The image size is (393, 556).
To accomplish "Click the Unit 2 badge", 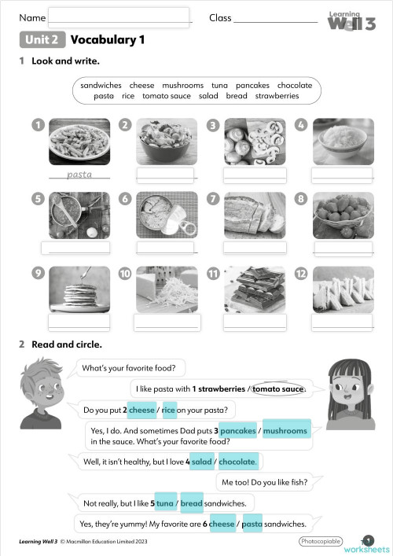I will tap(42, 40).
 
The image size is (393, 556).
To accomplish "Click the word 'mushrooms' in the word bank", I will tap(182, 85).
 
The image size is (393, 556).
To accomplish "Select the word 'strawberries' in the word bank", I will tap(277, 96).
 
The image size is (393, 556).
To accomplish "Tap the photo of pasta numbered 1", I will tap(79, 141).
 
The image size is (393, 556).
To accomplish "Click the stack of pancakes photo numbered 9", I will tap(79, 289).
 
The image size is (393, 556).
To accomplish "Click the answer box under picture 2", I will tap(166, 175).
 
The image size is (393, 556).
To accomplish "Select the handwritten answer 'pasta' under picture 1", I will tap(79, 175).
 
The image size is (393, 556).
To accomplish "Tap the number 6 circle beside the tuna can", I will tap(124, 199).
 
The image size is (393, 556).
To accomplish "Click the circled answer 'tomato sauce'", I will tap(277, 388).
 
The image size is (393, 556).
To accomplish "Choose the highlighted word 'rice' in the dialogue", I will tap(169, 410).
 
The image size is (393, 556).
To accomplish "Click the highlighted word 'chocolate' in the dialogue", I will tap(237, 462).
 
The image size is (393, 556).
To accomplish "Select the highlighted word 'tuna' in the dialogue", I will tap(164, 503).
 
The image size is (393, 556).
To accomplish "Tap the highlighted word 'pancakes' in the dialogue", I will tap(237, 431).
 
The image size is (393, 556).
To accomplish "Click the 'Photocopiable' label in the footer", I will tap(321, 542).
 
